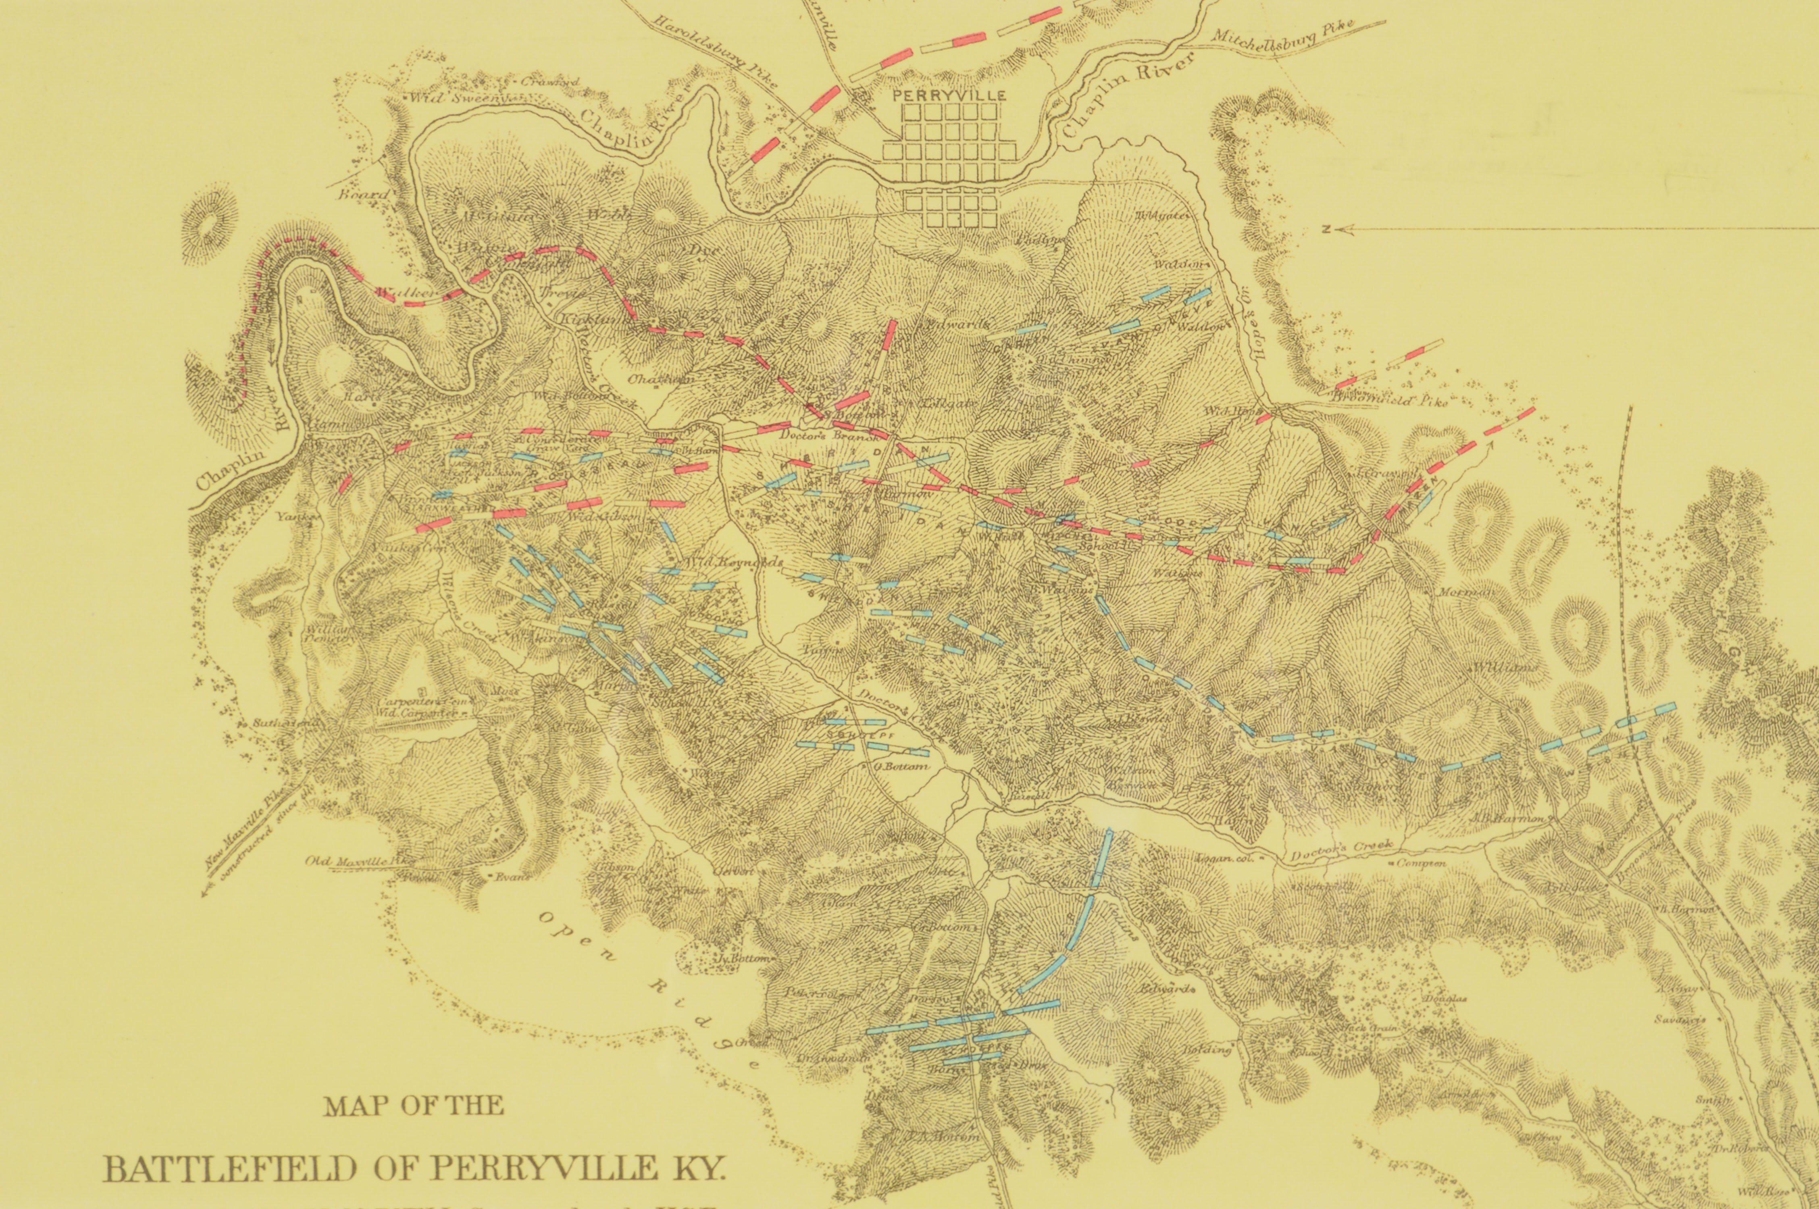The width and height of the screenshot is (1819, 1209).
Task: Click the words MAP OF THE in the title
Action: pos(414,1106)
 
